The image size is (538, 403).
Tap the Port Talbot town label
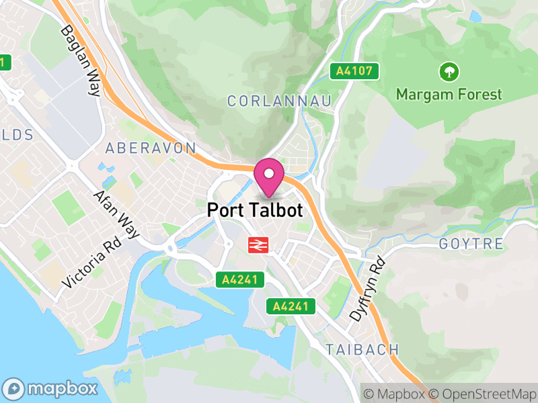tap(255, 210)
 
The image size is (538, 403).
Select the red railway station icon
tap(256, 245)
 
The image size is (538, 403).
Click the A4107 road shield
tap(354, 71)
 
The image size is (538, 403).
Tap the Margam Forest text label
tap(449, 94)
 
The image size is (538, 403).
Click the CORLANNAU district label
tap(280, 101)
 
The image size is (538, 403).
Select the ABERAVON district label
tap(151, 148)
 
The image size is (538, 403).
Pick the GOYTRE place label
tap(471, 243)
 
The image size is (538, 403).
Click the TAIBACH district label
tap(362, 349)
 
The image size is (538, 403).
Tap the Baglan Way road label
tap(80, 60)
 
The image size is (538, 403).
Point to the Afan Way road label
tap(116, 214)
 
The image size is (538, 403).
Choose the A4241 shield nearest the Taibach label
tap(291, 306)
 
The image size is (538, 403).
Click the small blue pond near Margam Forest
tap(475, 15)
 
